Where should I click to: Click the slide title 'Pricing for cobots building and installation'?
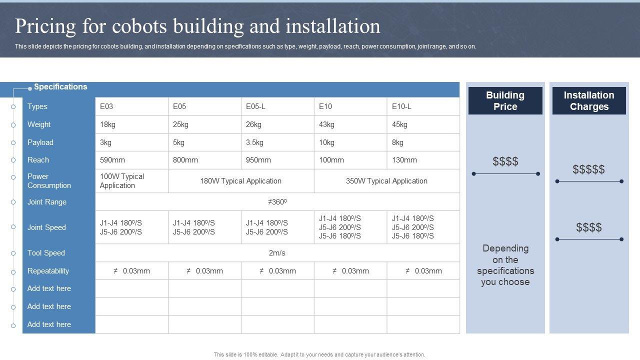tap(197, 26)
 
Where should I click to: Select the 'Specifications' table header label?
tap(60, 87)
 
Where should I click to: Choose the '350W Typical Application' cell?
tap(386, 181)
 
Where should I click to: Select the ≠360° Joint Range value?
tap(277, 202)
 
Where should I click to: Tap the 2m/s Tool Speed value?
tap(277, 253)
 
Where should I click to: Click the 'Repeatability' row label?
tap(48, 271)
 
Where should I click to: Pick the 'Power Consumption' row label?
tap(49, 181)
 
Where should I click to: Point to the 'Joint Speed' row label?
tap(46, 227)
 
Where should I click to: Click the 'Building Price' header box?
tap(505, 101)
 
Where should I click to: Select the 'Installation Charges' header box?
tap(589, 101)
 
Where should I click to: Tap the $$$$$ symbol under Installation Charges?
tap(588, 169)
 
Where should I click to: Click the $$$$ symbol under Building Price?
tap(505, 161)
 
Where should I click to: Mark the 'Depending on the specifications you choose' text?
tap(505, 265)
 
